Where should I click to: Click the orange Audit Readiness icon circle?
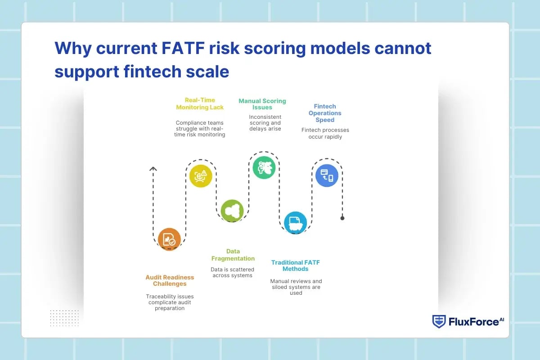click(x=169, y=239)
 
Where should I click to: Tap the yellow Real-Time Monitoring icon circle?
click(x=201, y=175)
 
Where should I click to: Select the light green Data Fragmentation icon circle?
click(x=232, y=211)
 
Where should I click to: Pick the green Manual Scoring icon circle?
click(x=264, y=167)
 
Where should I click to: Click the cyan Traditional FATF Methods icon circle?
click(x=295, y=223)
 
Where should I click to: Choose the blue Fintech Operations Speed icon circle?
click(x=327, y=175)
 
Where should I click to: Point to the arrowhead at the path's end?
click(x=153, y=169)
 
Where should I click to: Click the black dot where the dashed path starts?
click(x=342, y=218)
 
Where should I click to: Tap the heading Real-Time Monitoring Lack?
click(x=200, y=104)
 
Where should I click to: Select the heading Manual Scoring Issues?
click(x=262, y=104)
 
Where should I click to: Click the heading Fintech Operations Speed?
click(x=325, y=113)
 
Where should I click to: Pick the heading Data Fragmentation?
click(x=233, y=255)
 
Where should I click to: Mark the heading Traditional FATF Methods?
click(x=296, y=265)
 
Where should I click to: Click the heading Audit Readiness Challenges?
click(x=170, y=281)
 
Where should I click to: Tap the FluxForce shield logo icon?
click(x=439, y=321)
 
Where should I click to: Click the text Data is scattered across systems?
click(x=233, y=272)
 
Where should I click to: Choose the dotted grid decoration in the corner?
click(x=64, y=318)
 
